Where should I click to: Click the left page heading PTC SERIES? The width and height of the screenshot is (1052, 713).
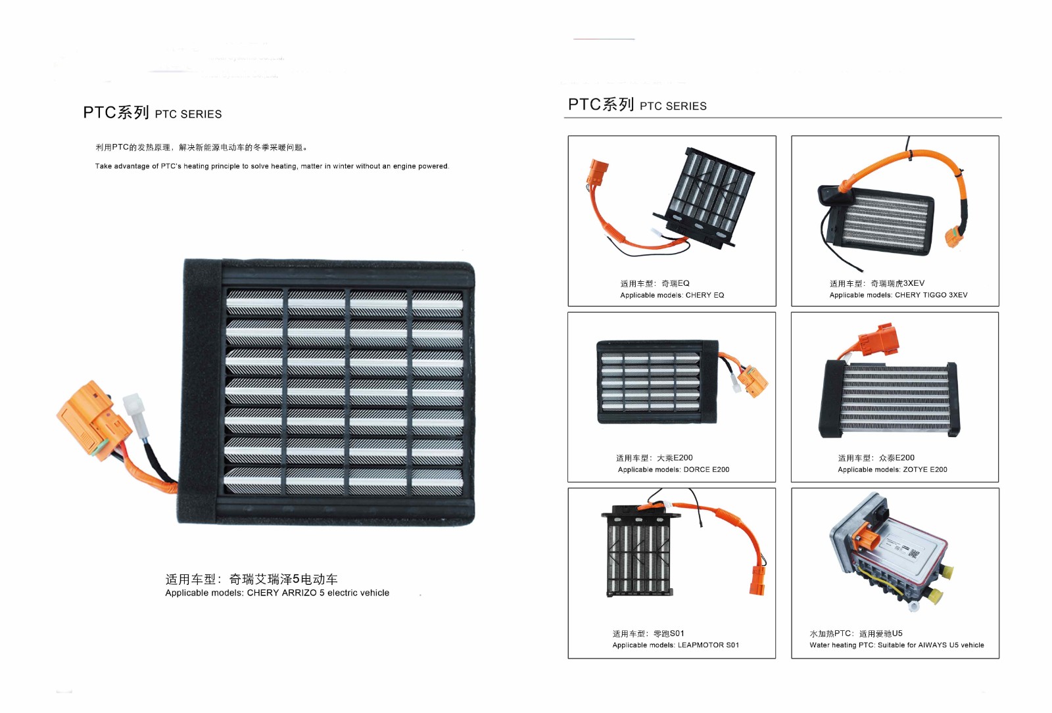(x=152, y=113)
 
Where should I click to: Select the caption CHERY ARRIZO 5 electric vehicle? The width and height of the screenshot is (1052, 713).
(x=277, y=593)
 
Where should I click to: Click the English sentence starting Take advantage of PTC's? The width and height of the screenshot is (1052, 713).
(x=272, y=166)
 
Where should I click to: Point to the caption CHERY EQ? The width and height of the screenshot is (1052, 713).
(x=671, y=295)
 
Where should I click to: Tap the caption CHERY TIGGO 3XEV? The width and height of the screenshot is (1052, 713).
(x=898, y=295)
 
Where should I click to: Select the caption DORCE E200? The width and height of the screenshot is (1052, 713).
(x=673, y=470)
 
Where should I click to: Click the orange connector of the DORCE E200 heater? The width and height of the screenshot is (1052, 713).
(x=753, y=380)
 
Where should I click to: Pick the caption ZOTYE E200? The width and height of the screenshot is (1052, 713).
(x=892, y=470)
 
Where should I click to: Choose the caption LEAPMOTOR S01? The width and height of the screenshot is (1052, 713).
(x=675, y=645)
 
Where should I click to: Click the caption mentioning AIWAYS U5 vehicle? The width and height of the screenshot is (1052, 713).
(x=896, y=645)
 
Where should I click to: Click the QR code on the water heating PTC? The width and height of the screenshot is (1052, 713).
(x=913, y=553)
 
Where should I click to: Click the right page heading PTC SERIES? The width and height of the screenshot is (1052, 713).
(x=636, y=105)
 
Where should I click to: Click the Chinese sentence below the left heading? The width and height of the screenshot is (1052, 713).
(x=201, y=148)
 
